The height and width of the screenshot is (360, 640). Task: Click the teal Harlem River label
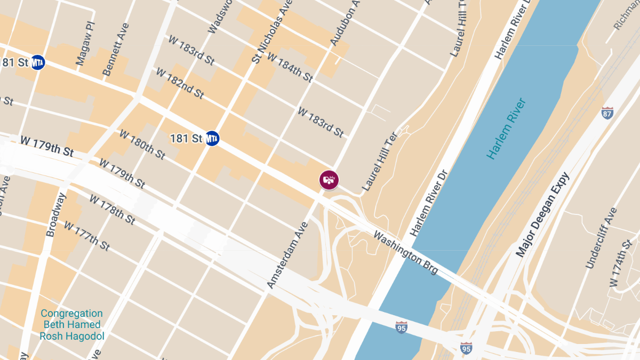(507, 128)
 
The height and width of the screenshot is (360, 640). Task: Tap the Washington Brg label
(406, 252)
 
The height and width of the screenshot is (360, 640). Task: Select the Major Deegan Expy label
(542, 214)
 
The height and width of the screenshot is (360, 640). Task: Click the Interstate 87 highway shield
(607, 113)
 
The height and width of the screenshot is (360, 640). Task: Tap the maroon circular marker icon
(329, 180)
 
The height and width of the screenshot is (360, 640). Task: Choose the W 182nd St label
(179, 83)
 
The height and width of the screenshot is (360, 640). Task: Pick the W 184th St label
(290, 67)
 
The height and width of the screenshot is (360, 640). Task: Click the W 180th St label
(142, 144)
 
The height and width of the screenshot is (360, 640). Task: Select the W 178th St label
(113, 209)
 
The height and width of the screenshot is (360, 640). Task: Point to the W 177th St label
(86, 236)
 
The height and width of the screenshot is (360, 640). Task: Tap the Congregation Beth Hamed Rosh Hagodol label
(72, 325)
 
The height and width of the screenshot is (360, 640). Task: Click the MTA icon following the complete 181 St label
(212, 139)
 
